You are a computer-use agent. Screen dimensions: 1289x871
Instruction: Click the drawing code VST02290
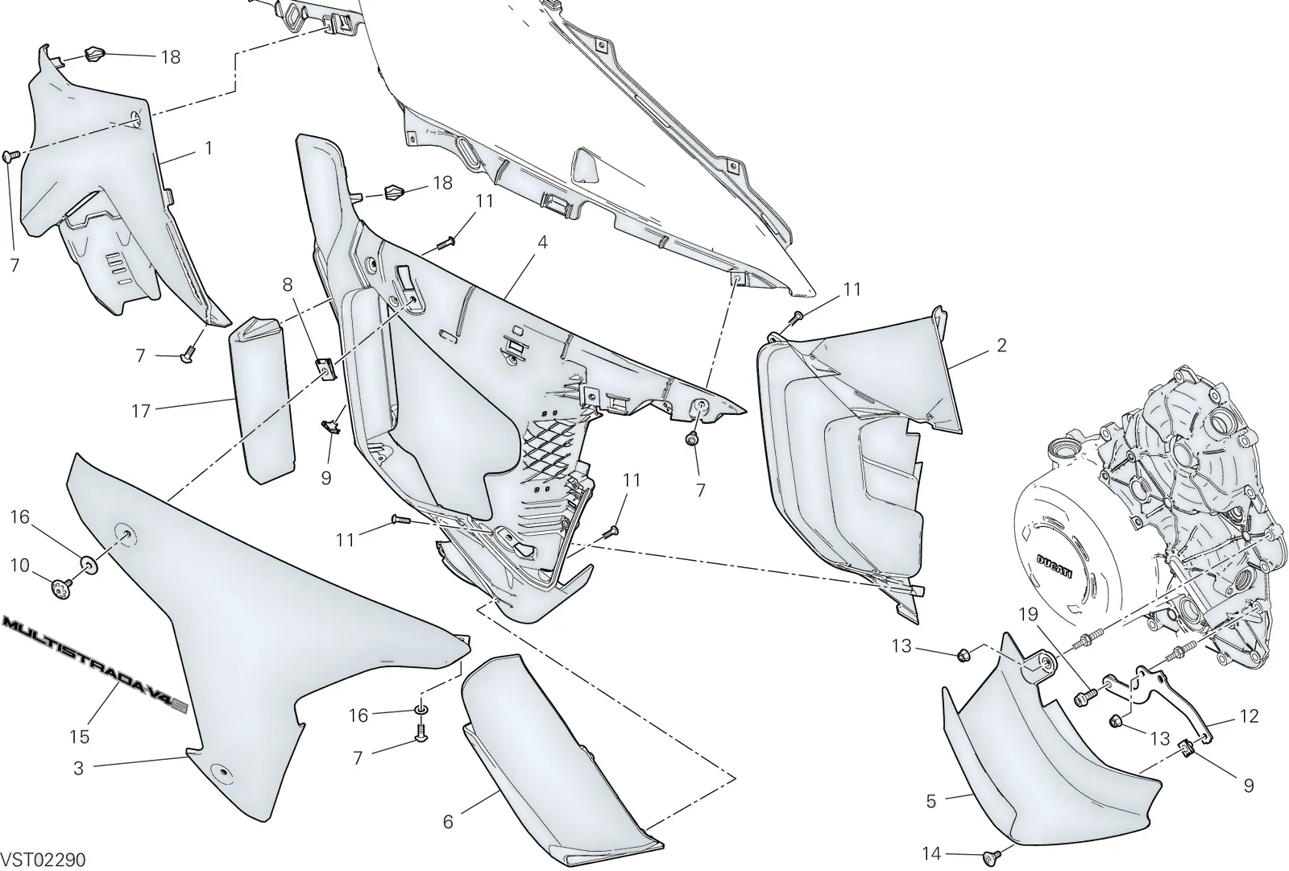click(x=44, y=860)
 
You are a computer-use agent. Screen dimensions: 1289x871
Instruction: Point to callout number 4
click(x=541, y=243)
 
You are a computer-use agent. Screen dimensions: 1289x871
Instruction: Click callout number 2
click(x=1001, y=346)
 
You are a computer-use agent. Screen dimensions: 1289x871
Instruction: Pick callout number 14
click(x=931, y=854)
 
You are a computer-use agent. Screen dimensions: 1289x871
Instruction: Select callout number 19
click(x=1028, y=615)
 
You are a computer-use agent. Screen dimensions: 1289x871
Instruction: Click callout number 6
click(x=448, y=822)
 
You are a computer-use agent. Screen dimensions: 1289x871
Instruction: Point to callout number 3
click(x=79, y=768)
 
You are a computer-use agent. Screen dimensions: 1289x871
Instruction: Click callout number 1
click(x=209, y=148)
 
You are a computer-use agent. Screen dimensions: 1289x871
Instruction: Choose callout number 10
click(x=19, y=566)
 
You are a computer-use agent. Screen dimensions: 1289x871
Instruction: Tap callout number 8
click(x=287, y=284)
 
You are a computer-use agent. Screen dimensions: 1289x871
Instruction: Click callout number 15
click(x=80, y=736)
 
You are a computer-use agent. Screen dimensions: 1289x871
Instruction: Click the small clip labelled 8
click(x=325, y=368)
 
